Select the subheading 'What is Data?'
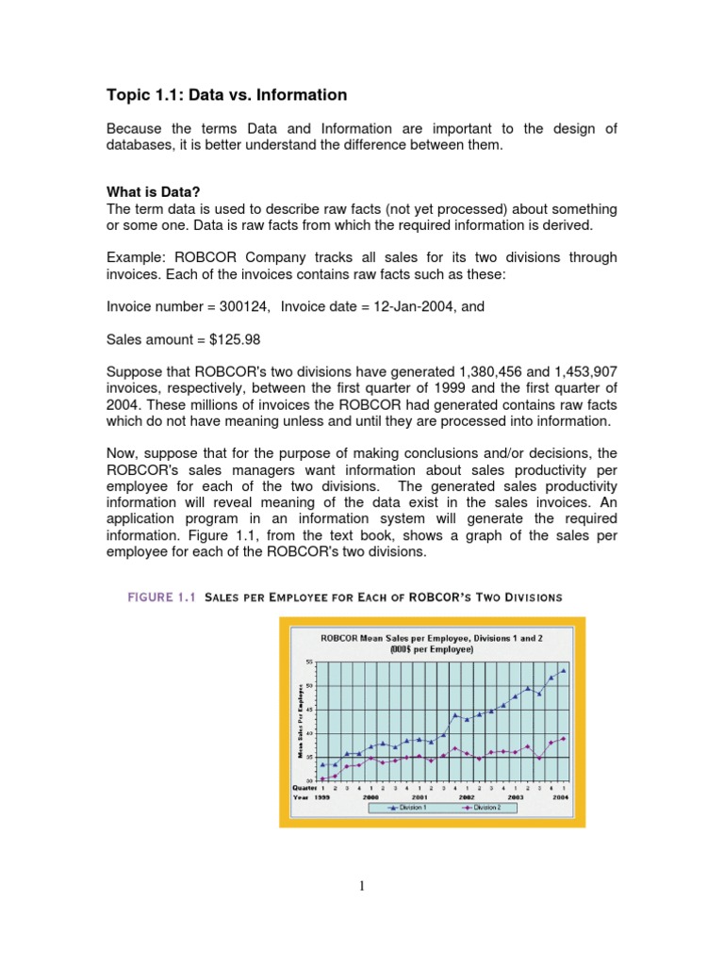tap(150, 191)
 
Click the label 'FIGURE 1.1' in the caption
tap(157, 597)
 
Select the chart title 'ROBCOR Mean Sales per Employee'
tap(432, 638)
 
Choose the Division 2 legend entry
tap(485, 808)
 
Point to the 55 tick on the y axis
tap(310, 661)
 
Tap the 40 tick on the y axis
tap(310, 732)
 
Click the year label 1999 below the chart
tap(322, 797)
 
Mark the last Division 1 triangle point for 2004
tap(564, 671)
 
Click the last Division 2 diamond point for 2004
tap(564, 739)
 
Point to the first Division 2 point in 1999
tap(323, 778)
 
